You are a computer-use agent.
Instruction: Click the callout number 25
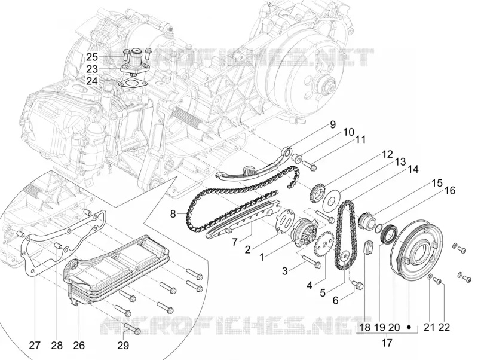pyautogui.click(x=92, y=57)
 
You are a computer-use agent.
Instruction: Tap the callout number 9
pyautogui.click(x=332, y=124)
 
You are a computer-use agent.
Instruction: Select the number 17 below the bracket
pyautogui.click(x=387, y=343)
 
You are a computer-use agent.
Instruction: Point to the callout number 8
pyautogui.click(x=173, y=214)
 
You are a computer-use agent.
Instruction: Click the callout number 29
pyautogui.click(x=123, y=346)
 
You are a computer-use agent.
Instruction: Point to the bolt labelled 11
pyautogui.click(x=310, y=166)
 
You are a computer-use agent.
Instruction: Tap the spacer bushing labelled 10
pyautogui.click(x=296, y=158)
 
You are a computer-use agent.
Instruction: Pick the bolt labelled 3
pyautogui.click(x=312, y=261)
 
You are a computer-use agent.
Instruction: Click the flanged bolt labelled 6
pyautogui.click(x=357, y=285)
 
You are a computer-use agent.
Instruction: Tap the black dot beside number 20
pyautogui.click(x=409, y=327)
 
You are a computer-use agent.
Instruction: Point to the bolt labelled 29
pyautogui.click(x=133, y=330)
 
